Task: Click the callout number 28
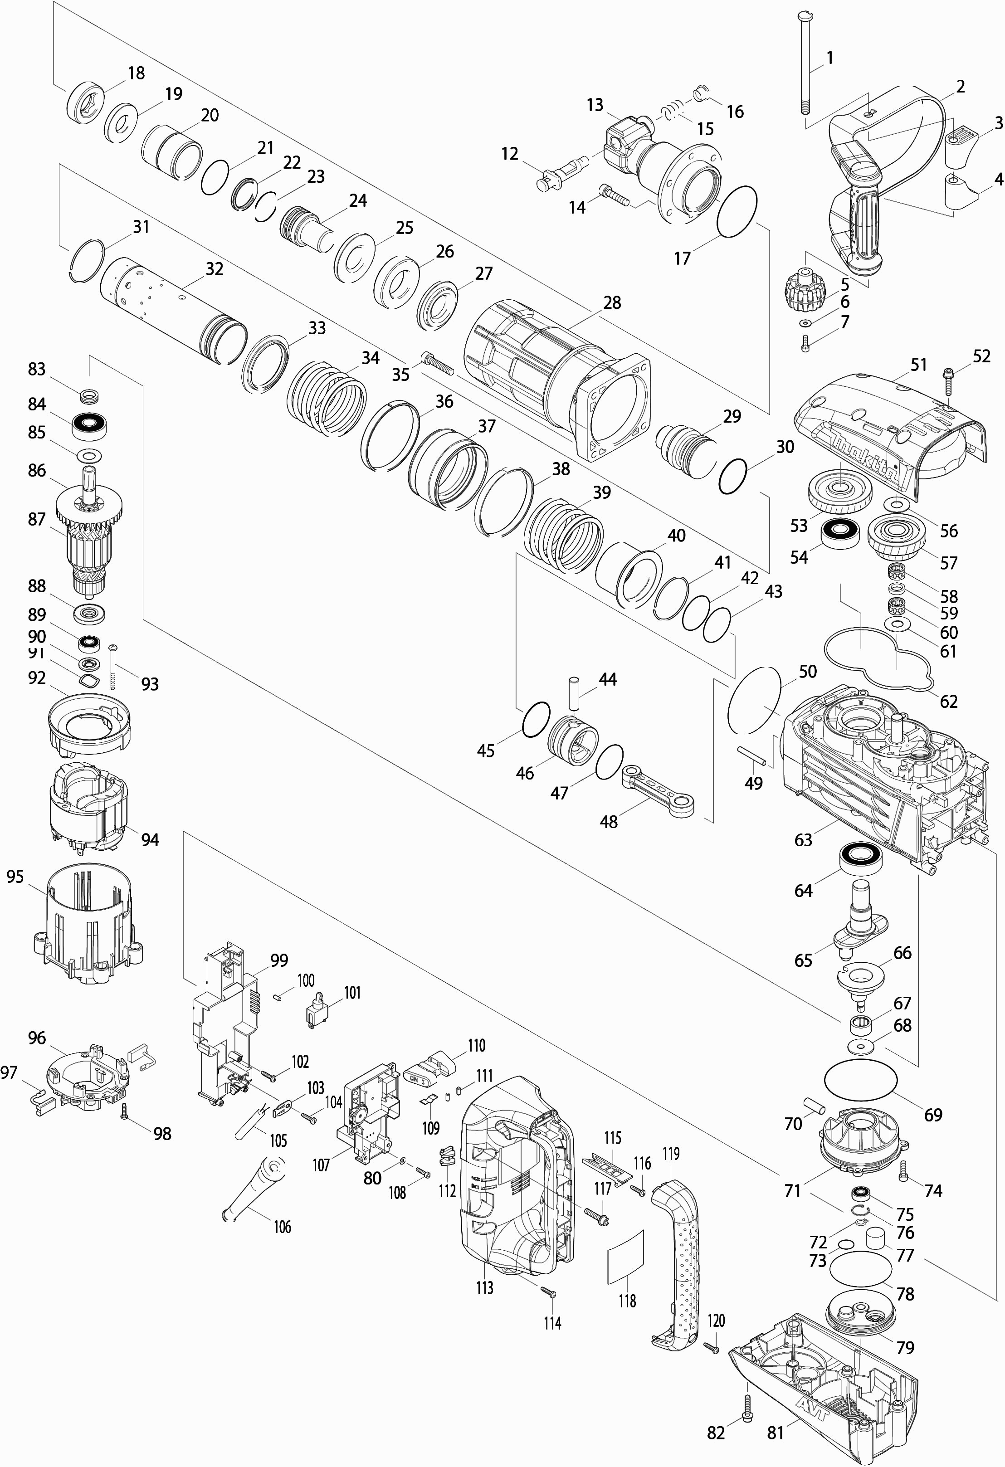coord(612,302)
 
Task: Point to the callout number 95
coord(15,876)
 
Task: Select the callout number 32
coord(215,268)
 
